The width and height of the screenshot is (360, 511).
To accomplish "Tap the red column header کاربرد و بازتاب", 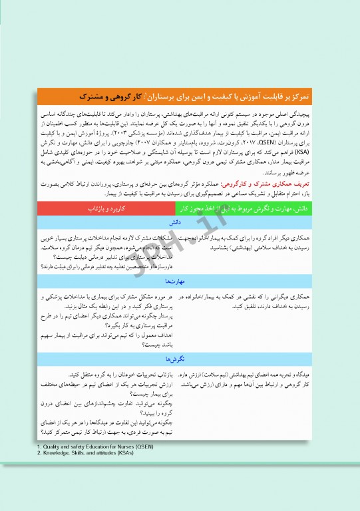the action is pyautogui.click(x=106, y=209).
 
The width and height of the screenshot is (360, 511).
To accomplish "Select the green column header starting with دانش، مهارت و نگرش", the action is pyautogui.click(x=243, y=209).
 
